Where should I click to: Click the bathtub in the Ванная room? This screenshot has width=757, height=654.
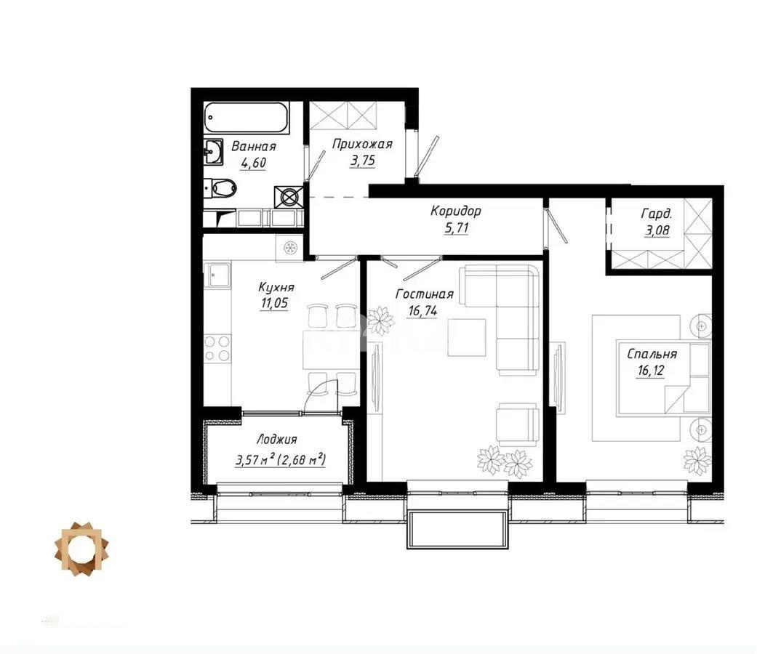click(247, 118)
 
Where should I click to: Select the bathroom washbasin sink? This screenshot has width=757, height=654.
click(213, 153)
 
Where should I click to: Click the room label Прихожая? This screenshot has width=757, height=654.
click(362, 144)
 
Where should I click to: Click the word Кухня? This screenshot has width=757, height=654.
click(276, 288)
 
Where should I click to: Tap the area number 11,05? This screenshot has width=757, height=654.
click(273, 304)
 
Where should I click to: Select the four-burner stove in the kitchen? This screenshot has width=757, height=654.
click(217, 348)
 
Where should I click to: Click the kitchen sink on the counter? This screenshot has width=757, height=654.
click(217, 275)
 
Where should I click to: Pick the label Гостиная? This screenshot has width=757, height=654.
click(425, 294)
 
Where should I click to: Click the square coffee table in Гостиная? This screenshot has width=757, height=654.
click(466, 338)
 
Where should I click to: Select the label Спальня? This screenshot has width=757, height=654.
click(652, 355)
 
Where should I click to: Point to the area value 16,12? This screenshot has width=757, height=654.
click(649, 371)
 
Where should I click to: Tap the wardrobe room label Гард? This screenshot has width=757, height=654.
click(655, 214)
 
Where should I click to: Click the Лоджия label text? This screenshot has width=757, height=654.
click(276, 440)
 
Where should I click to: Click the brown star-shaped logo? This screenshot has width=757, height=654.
click(82, 549)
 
